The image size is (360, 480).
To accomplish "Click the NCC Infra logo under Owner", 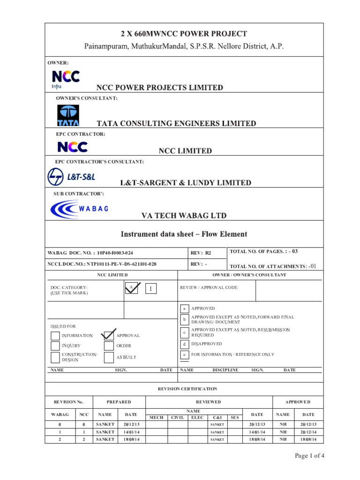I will (x=65, y=79).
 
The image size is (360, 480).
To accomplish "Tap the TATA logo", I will (x=68, y=115).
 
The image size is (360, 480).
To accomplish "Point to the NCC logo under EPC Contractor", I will (x=72, y=147).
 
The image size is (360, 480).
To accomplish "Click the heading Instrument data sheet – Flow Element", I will (x=184, y=234).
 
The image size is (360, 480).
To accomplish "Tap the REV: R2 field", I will (x=201, y=253).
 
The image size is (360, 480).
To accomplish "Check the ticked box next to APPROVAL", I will (x=109, y=335).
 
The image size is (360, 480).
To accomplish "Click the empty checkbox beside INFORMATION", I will (x=55, y=336).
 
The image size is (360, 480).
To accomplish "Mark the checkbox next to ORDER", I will (x=109, y=346).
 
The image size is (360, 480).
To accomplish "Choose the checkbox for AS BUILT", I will (x=109, y=357).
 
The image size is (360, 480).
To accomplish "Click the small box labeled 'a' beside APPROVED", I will (x=185, y=308).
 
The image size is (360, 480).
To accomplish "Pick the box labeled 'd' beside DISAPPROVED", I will (x=185, y=344).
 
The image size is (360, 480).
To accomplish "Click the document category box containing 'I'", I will (x=150, y=288).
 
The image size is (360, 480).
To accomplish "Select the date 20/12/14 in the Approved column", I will (x=308, y=432).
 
